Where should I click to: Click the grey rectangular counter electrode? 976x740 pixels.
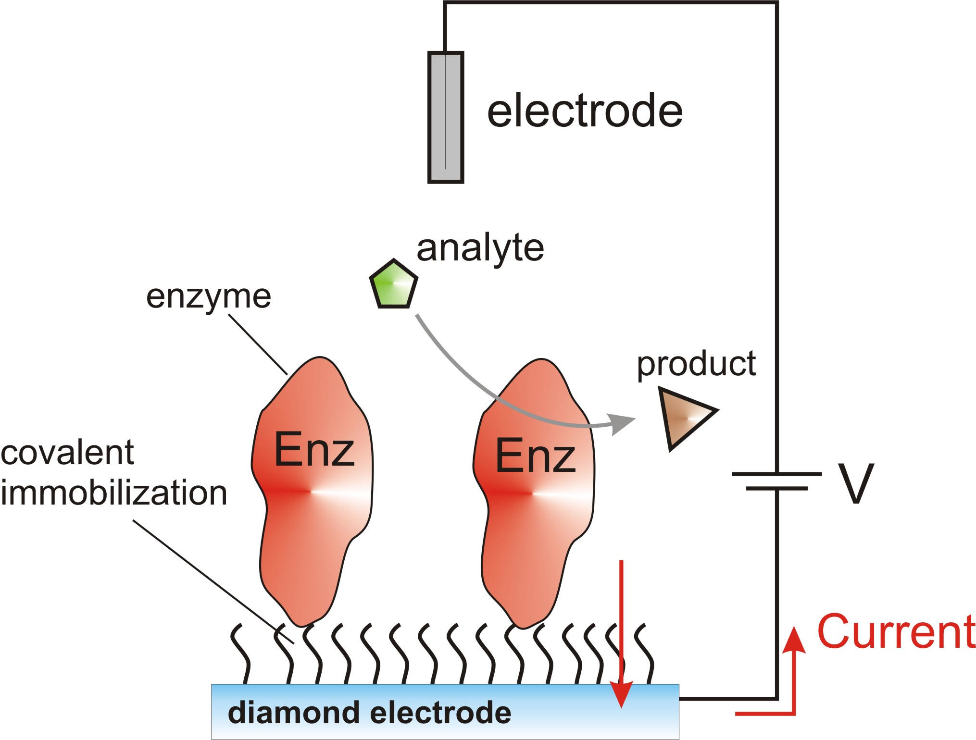(x=446, y=117)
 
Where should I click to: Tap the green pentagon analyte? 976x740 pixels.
(x=394, y=285)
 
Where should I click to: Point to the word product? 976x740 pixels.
(x=697, y=365)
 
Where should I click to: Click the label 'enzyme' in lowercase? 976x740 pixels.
(x=209, y=297)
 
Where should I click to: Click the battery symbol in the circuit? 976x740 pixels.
(x=776, y=481)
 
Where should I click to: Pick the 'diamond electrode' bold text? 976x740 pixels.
(x=369, y=712)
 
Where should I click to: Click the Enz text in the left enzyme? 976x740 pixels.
(x=314, y=450)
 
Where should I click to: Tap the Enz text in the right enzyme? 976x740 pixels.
(x=535, y=456)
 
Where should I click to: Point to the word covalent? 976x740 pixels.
(x=67, y=453)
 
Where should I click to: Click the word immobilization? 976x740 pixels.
(x=114, y=493)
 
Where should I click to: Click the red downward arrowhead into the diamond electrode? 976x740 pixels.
(x=622, y=697)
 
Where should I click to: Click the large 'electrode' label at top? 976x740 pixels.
(x=585, y=111)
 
